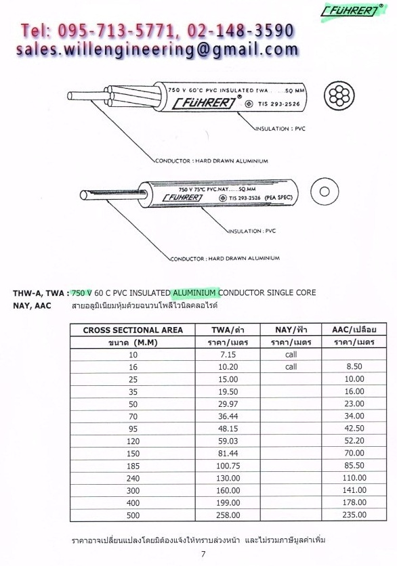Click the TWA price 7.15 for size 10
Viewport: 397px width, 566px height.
click(x=228, y=355)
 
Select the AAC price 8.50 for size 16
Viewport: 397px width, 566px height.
click(x=354, y=367)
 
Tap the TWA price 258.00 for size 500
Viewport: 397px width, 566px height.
click(x=228, y=515)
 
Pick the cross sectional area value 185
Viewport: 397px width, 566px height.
click(x=133, y=466)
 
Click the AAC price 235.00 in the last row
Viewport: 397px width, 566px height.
click(x=354, y=515)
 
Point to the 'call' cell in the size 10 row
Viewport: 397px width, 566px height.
click(x=291, y=355)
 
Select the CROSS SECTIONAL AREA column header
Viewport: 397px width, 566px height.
click(x=133, y=330)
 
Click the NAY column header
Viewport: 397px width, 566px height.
click(x=291, y=330)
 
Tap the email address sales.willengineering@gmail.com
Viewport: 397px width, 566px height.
click(x=157, y=50)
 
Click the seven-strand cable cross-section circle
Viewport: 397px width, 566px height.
click(x=339, y=96)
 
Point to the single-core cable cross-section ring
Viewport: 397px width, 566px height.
click(x=325, y=192)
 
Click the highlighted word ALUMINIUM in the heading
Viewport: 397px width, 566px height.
click(x=194, y=292)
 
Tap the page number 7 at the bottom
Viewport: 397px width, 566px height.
click(x=203, y=554)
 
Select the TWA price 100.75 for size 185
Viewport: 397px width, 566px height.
click(x=228, y=466)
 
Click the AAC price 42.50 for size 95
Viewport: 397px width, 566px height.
click(x=354, y=429)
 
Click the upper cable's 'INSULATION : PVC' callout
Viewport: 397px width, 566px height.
click(x=280, y=129)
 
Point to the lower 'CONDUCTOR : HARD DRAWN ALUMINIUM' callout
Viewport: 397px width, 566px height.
click(x=225, y=259)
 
